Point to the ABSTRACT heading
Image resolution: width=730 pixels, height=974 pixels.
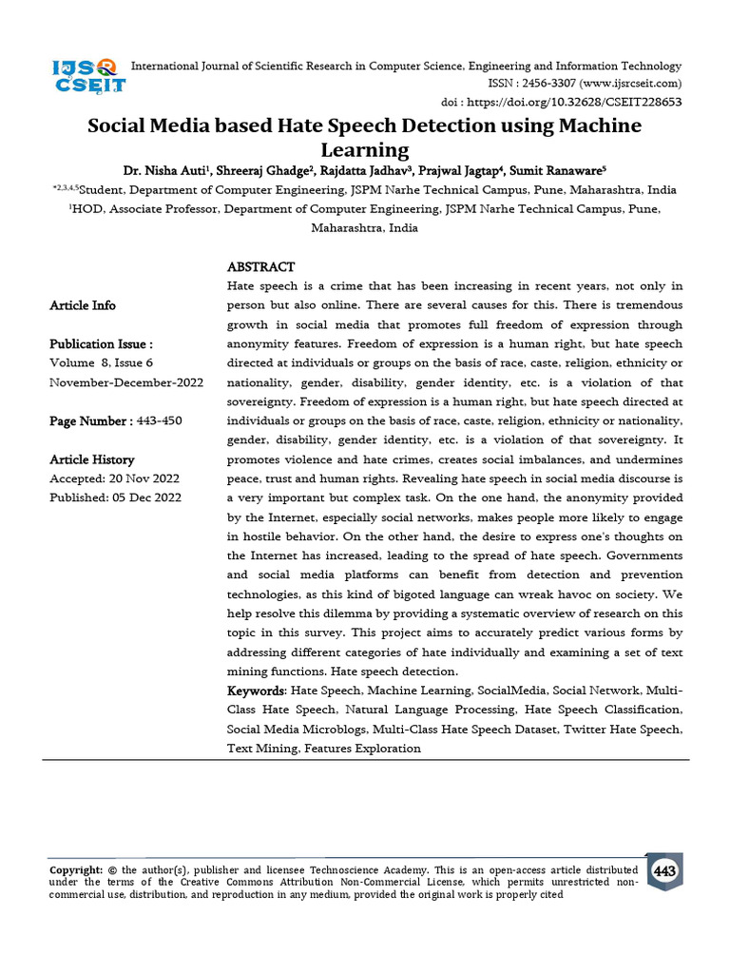pos(260,267)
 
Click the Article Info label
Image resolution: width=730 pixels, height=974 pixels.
pos(83,305)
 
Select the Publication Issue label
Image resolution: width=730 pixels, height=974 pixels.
pos(101,344)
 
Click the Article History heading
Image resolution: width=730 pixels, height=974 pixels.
pos(92,459)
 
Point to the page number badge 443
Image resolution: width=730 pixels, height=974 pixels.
pos(664,871)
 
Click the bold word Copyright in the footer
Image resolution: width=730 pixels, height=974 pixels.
pos(75,869)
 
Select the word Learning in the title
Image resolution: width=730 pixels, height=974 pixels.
pos(365,149)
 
